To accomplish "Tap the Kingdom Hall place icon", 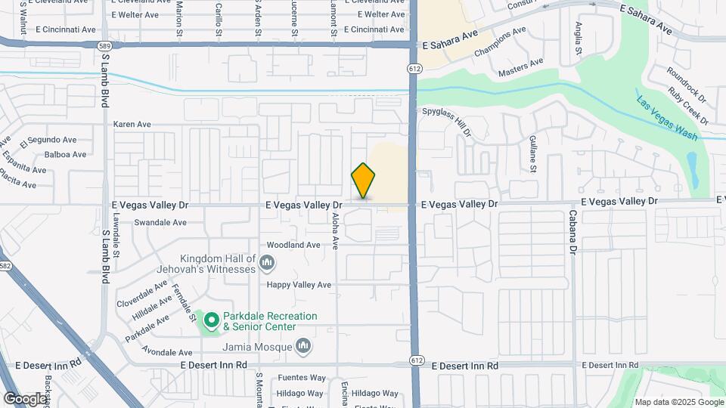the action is (x=266, y=263).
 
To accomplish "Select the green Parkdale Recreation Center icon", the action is (x=211, y=322).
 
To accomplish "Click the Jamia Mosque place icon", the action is (x=304, y=347).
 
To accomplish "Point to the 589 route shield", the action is (x=104, y=45).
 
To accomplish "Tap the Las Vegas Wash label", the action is (x=666, y=118).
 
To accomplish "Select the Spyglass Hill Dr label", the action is (x=447, y=121).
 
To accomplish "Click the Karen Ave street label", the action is (x=132, y=125).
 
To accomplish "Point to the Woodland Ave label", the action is (x=293, y=245).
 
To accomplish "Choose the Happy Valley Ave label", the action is (x=299, y=285).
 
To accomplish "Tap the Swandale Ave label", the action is (x=160, y=223).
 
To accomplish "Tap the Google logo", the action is (x=25, y=398).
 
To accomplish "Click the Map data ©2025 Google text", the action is (x=678, y=401).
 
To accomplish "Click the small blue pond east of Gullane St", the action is (x=692, y=171).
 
